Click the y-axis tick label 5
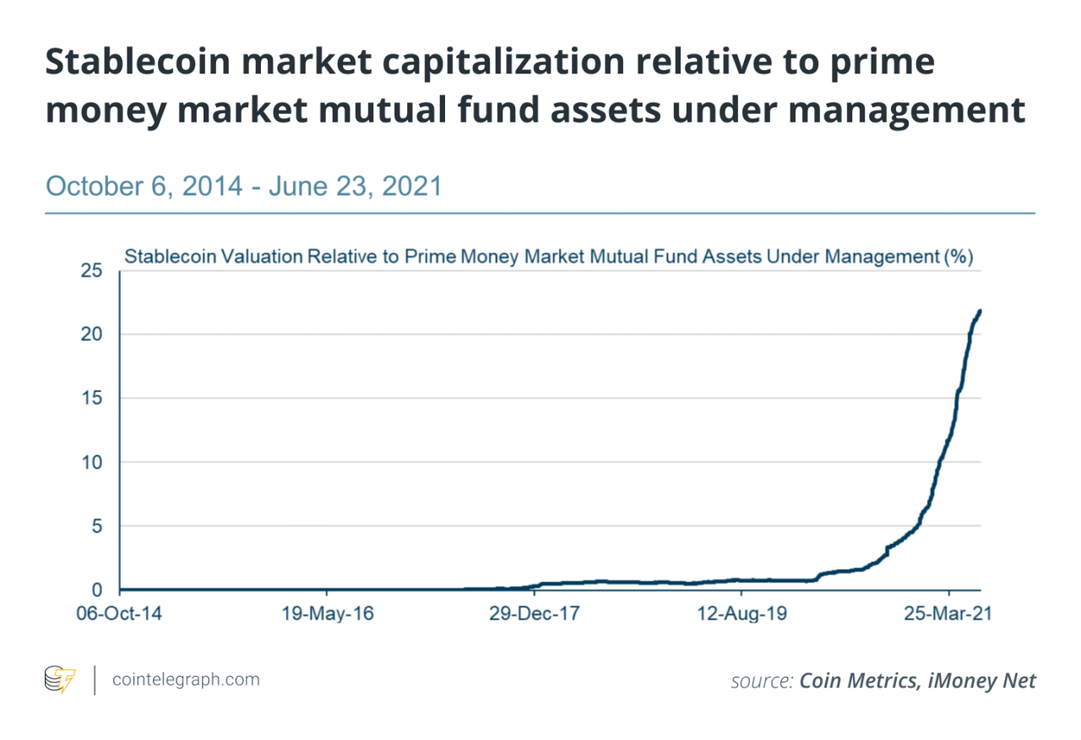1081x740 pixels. [x=96, y=526]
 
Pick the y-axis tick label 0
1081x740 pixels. [x=96, y=590]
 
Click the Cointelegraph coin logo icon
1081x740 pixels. [x=60, y=680]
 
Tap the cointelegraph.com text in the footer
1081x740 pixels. [x=186, y=679]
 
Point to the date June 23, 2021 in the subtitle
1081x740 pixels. [x=356, y=185]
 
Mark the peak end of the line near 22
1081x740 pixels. [x=980, y=311]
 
